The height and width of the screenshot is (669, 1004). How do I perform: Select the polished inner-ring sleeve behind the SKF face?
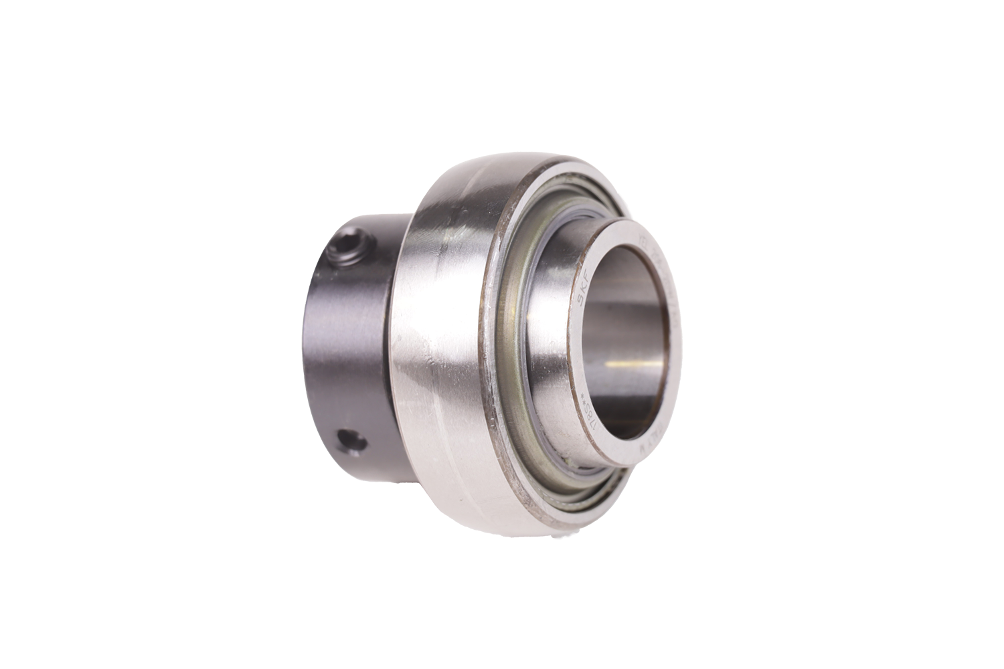[x=556, y=321]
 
